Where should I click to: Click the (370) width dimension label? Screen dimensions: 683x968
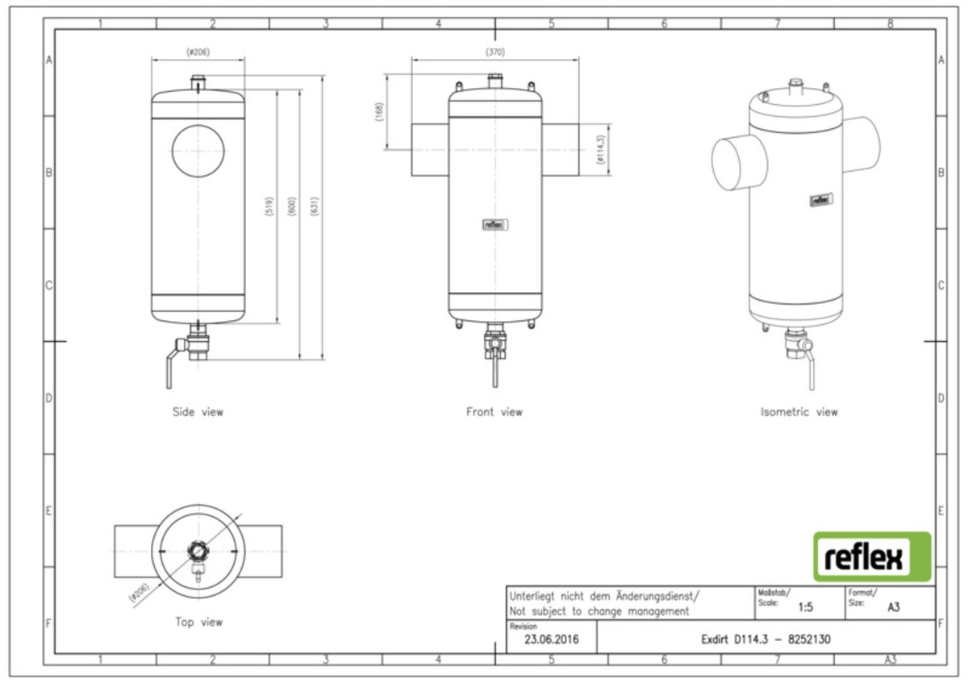494,52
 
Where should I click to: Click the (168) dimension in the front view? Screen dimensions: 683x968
380,112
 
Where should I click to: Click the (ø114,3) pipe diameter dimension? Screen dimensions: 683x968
601,150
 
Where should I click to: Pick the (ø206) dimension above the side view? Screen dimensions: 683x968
198,52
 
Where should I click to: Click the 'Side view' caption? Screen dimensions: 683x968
198,412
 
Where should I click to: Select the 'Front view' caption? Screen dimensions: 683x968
494,412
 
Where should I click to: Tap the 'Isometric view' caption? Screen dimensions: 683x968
799,412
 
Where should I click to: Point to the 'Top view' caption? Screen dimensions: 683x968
198,622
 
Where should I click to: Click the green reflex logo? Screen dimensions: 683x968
871,556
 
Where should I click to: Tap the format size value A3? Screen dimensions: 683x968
893,607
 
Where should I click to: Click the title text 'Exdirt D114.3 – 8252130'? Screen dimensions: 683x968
766,639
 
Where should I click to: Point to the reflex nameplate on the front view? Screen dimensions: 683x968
494,225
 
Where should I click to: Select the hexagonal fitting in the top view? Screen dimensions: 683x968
197,551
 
